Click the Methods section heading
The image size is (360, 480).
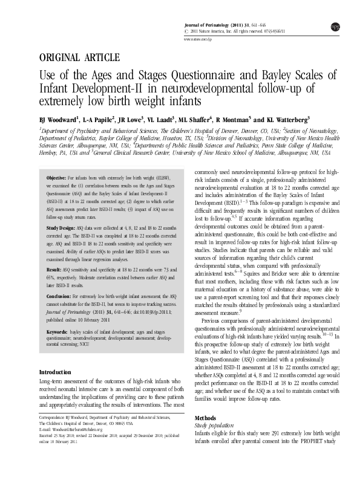[x=205, y=418]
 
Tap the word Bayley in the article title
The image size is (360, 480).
[x=265, y=76]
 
